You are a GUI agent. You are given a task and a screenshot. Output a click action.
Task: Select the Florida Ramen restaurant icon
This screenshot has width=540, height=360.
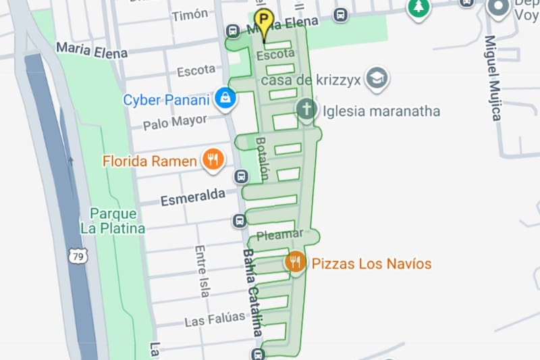tap(213, 160)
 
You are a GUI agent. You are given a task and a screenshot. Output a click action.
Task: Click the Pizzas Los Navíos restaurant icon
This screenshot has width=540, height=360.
tap(294, 262)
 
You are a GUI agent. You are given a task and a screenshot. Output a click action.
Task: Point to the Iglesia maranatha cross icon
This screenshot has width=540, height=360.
tap(306, 110)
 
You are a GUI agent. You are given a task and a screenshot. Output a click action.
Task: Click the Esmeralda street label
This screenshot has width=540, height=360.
tap(192, 197)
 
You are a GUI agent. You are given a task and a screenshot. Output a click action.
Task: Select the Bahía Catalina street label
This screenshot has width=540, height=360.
tap(252, 292)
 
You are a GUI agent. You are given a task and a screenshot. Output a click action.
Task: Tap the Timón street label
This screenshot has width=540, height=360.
tap(190, 15)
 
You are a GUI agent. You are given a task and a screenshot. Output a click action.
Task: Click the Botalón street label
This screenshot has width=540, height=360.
tap(262, 158)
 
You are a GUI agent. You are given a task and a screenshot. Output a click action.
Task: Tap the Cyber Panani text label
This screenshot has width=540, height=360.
tap(166, 100)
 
